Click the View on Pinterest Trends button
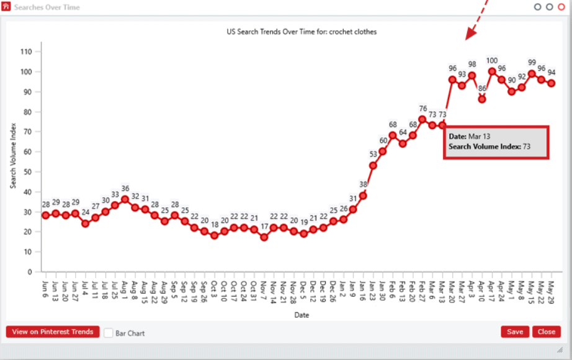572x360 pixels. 52,332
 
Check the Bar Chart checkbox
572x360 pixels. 109,333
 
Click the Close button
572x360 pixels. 546,332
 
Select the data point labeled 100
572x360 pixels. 492,71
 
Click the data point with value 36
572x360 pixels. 125,199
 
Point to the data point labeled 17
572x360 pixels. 264,237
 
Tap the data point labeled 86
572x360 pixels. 482,99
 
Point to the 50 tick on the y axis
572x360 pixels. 27,171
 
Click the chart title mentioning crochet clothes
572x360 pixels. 302,31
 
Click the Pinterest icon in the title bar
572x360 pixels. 7,7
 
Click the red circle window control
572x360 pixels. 561,7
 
